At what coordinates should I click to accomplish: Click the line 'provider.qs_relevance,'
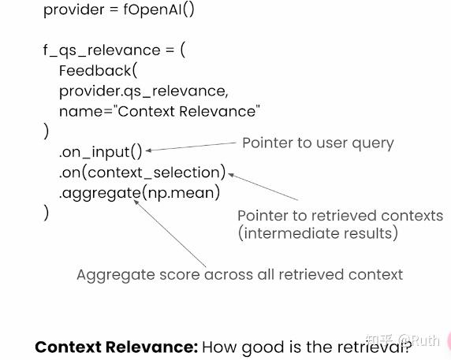[x=144, y=91]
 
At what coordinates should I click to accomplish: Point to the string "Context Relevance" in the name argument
[x=189, y=111]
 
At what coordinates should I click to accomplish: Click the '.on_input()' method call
[x=101, y=152]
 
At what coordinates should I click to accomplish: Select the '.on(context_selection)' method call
[x=143, y=172]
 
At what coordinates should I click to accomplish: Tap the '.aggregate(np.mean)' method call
[x=140, y=192]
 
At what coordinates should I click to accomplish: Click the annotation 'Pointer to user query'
[x=318, y=143]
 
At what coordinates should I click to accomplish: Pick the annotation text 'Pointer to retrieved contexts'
[x=340, y=216]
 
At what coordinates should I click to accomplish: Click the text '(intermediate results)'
[x=318, y=233]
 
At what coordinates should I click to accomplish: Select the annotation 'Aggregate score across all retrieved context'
[x=240, y=275]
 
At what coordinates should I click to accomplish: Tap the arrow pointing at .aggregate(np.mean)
[x=170, y=232]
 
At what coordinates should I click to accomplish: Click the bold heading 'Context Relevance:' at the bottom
[x=116, y=347]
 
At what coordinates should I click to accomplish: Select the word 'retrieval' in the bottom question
[x=373, y=347]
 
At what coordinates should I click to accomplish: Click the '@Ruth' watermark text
[x=419, y=340]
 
